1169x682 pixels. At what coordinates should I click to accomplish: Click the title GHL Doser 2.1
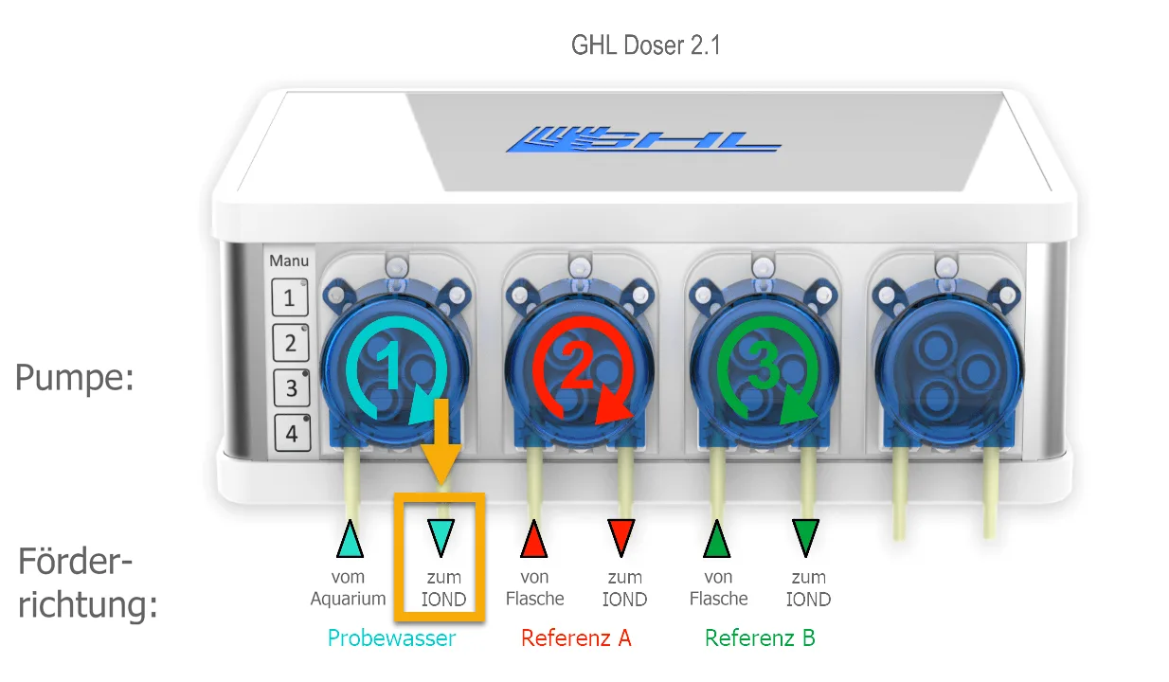(x=646, y=45)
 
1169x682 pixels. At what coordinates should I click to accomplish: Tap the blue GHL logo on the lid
(x=643, y=139)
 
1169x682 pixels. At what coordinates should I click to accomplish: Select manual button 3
(x=291, y=388)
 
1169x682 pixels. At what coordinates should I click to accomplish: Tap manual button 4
(x=292, y=433)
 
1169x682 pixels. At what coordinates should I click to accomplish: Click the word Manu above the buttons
(x=289, y=260)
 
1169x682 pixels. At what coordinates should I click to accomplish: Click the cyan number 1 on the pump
(x=389, y=366)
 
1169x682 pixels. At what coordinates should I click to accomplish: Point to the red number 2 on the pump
(x=577, y=366)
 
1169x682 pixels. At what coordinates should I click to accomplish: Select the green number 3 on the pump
(x=764, y=366)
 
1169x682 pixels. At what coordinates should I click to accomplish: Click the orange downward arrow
(x=441, y=441)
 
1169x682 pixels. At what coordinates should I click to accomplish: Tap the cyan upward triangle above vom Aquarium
(x=350, y=539)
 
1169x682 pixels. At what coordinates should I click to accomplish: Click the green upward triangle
(x=717, y=539)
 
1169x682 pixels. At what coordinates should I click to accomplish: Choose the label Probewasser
(x=391, y=638)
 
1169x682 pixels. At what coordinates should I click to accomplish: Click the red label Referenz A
(x=576, y=637)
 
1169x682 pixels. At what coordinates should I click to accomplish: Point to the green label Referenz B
(x=760, y=637)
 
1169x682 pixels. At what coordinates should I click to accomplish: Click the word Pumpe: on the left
(x=75, y=378)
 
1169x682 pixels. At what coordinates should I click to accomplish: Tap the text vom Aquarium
(x=348, y=588)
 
